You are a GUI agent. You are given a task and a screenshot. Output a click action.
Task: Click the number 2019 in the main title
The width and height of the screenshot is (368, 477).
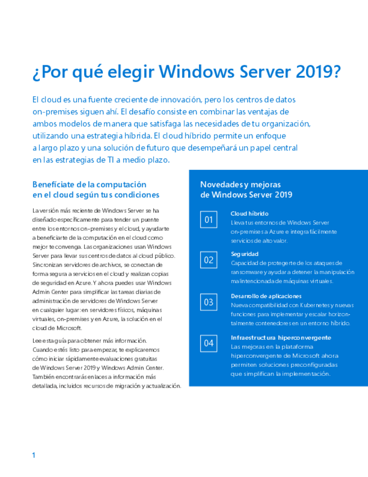tap(316, 73)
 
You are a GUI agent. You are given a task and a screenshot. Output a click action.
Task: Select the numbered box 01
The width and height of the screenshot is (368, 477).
tap(208, 219)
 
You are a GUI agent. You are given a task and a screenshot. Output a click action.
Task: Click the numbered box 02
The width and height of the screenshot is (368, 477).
tap(208, 260)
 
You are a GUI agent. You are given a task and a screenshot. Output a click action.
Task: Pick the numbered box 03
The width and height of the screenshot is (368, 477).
tap(208, 302)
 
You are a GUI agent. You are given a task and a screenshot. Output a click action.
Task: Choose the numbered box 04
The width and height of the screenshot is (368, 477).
tap(208, 343)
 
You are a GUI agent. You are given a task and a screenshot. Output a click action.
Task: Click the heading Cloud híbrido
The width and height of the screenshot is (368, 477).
tap(249, 214)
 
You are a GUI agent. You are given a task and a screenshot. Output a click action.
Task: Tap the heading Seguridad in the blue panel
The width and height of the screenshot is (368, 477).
tap(245, 254)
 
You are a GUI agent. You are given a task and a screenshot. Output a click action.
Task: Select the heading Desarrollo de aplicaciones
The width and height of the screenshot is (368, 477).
tap(266, 296)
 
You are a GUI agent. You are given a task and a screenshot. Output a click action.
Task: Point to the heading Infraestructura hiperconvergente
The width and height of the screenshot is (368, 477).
tap(280, 337)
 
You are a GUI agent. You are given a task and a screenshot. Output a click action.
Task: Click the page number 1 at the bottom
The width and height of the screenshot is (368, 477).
tap(34, 455)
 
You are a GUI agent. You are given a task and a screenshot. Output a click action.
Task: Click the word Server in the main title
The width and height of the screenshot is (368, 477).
tap(263, 73)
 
